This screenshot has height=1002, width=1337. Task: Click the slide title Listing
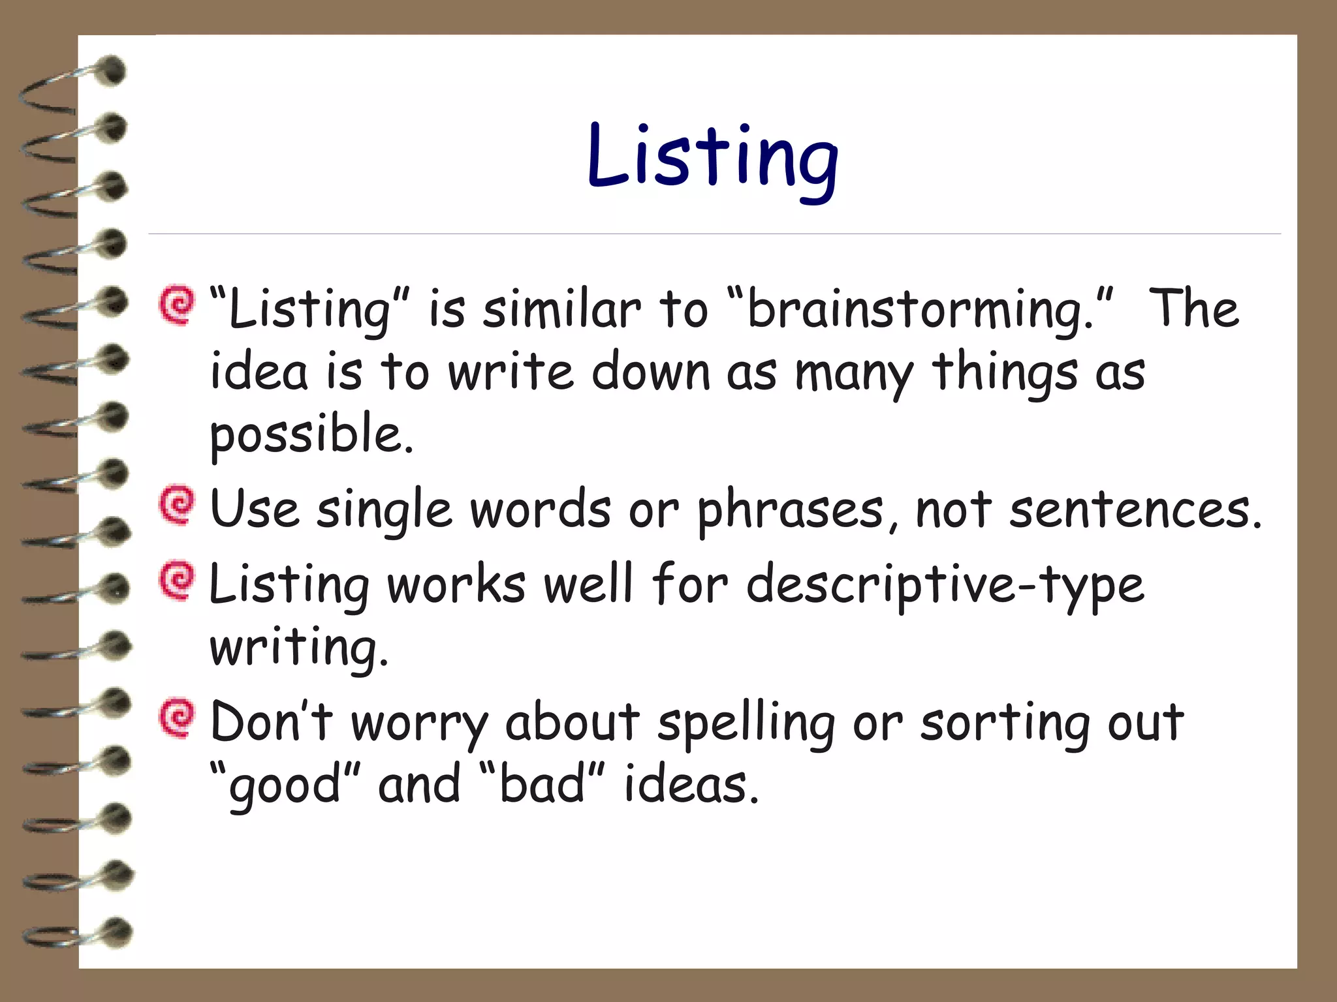(x=713, y=159)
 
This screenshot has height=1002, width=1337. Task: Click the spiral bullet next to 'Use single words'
(x=177, y=505)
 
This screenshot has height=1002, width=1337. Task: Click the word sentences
(x=1135, y=510)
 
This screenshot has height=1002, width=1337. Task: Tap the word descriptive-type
(x=945, y=584)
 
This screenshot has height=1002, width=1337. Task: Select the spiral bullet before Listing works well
(x=177, y=580)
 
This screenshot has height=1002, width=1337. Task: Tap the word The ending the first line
(x=1193, y=309)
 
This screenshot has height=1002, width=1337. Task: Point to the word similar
(x=562, y=309)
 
